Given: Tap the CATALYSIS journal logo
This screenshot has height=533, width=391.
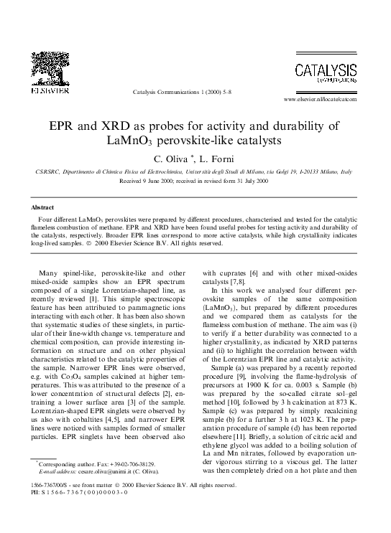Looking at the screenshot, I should tap(325, 73).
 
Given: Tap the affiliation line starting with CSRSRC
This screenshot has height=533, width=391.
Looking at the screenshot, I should tap(194, 173).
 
